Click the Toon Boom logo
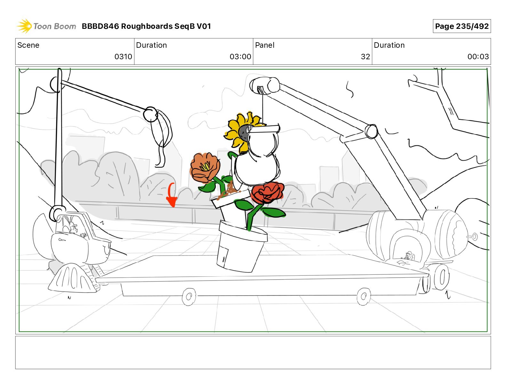[x=46, y=26]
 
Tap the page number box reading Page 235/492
[x=462, y=26]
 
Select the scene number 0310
[x=123, y=57]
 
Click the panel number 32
[x=365, y=57]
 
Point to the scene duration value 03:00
[x=240, y=57]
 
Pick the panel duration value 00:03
[x=478, y=57]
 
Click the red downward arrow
[x=172, y=195]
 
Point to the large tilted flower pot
[x=242, y=247]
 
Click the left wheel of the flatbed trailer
[x=189, y=297]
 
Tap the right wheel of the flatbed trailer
[x=364, y=296]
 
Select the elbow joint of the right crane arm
[x=371, y=131]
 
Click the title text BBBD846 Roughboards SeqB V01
[x=146, y=26]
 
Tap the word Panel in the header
[x=265, y=45]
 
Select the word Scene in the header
[x=28, y=45]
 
